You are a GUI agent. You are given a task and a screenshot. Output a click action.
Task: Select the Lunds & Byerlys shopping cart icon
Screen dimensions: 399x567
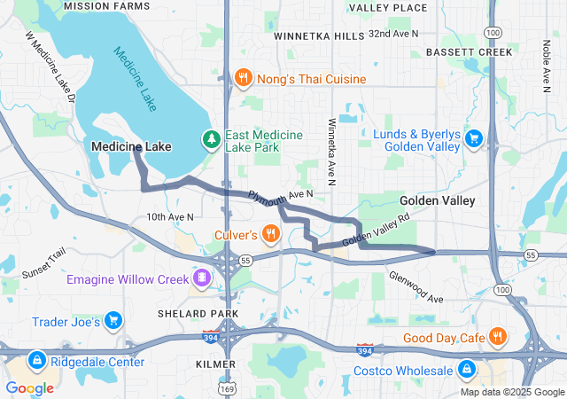tap(473, 137)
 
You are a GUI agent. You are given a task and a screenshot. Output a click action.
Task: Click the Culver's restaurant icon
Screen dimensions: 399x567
tap(271, 234)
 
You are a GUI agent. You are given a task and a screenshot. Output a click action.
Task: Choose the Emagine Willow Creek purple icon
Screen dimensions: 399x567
tap(203, 279)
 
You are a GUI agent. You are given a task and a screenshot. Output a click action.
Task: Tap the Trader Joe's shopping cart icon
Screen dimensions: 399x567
tap(113, 320)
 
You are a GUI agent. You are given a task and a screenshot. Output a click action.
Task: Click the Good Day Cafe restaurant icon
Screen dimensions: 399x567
tap(498, 337)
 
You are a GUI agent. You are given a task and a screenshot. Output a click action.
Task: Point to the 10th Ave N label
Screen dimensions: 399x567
tap(170, 216)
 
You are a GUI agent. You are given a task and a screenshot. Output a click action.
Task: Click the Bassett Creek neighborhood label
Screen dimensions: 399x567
tap(469, 52)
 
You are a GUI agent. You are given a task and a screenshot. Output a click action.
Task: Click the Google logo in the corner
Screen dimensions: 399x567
tap(30, 387)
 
